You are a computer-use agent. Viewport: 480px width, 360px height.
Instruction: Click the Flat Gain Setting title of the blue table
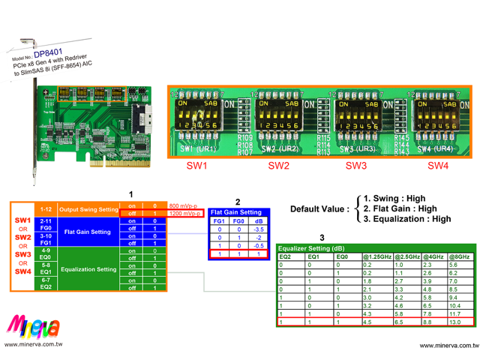[235, 212]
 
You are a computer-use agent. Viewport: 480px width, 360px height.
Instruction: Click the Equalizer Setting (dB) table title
[311, 248]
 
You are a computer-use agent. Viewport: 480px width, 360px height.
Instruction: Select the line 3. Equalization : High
[407, 219]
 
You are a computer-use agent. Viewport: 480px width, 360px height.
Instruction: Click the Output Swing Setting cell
[89, 209]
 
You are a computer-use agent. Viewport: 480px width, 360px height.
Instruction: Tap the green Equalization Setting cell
[89, 268]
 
